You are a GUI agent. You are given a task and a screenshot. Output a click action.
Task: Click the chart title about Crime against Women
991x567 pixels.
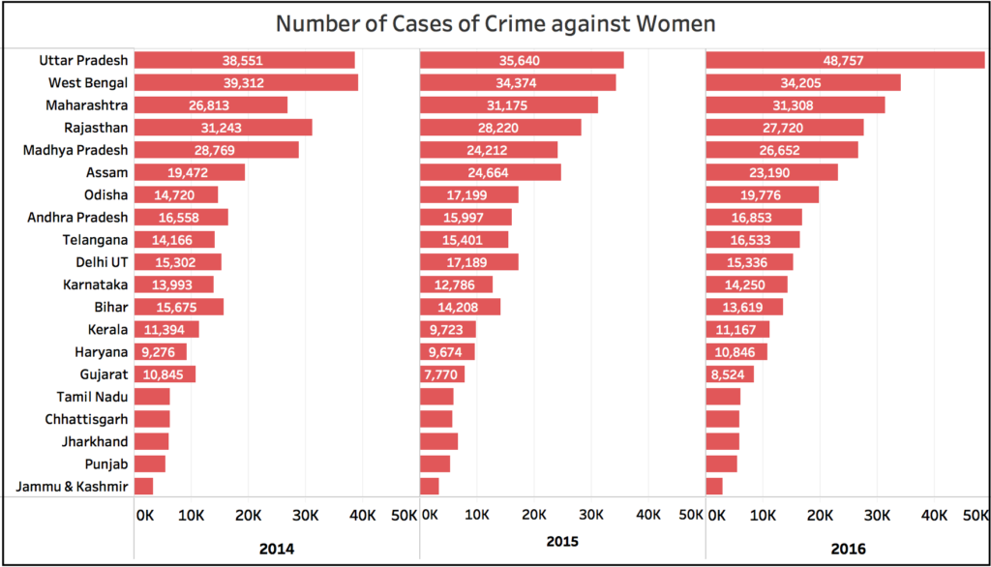point(495,23)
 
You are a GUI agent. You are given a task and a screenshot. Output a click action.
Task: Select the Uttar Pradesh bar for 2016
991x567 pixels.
point(845,60)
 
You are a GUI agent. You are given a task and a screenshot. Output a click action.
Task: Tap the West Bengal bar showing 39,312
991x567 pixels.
point(246,82)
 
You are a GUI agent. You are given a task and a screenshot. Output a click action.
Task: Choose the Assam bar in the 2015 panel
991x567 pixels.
point(490,172)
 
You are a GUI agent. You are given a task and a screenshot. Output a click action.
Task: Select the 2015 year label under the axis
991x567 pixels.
point(563,543)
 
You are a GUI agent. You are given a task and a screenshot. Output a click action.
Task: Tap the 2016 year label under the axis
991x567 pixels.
point(850,549)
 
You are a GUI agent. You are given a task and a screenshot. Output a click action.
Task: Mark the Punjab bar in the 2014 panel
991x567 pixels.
point(150,463)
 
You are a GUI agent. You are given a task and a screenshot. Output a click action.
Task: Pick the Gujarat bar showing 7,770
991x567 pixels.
point(442,373)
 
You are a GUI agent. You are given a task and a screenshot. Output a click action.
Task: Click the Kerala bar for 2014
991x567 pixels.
point(166,329)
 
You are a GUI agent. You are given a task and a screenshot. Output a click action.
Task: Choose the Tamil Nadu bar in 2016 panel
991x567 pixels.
point(723,396)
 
